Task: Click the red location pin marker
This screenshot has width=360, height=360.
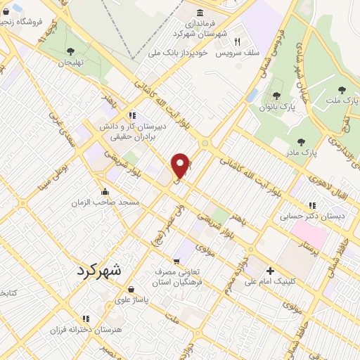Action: (x=181, y=165)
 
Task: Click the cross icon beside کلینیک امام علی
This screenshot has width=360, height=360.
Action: (x=270, y=271)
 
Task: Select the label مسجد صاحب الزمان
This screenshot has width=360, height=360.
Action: (x=105, y=202)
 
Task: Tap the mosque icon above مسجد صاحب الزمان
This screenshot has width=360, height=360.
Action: (x=105, y=191)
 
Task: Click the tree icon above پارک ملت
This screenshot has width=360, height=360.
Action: (x=342, y=90)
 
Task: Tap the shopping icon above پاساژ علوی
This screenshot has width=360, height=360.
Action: (x=131, y=288)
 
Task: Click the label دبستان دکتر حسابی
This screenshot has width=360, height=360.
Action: (x=312, y=217)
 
